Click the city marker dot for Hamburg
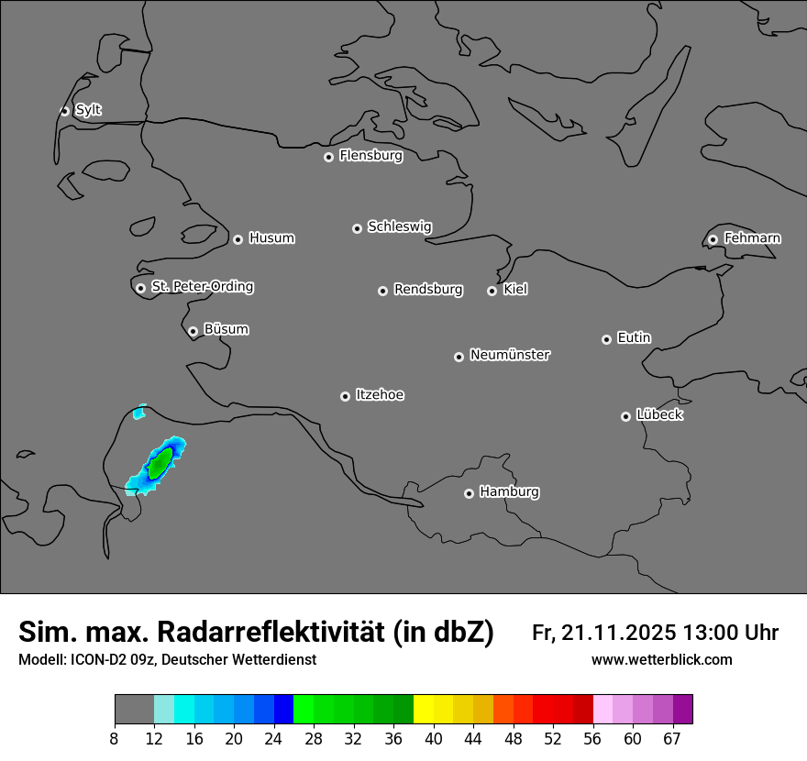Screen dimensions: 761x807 tap(469, 493)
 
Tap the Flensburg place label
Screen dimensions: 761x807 tap(370, 156)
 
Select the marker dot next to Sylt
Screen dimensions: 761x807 tap(65, 111)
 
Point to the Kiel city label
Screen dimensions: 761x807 tap(515, 290)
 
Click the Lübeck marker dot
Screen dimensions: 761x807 tap(625, 416)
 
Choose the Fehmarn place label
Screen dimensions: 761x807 tap(752, 238)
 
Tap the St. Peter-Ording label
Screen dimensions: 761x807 tap(202, 287)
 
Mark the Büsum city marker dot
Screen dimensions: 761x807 tap(193, 332)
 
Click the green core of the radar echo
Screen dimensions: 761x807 tap(160, 461)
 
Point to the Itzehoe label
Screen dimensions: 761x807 tap(380, 395)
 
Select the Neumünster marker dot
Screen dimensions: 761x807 tap(459, 357)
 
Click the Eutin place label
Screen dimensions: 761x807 tap(634, 338)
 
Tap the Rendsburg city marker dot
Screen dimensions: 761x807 tap(382, 291)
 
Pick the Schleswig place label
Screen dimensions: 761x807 tap(399, 226)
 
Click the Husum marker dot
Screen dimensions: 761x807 tap(238, 239)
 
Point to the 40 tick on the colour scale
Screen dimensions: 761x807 tap(434, 739)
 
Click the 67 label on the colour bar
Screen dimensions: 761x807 tap(672, 739)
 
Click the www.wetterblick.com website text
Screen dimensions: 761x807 tap(661, 659)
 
